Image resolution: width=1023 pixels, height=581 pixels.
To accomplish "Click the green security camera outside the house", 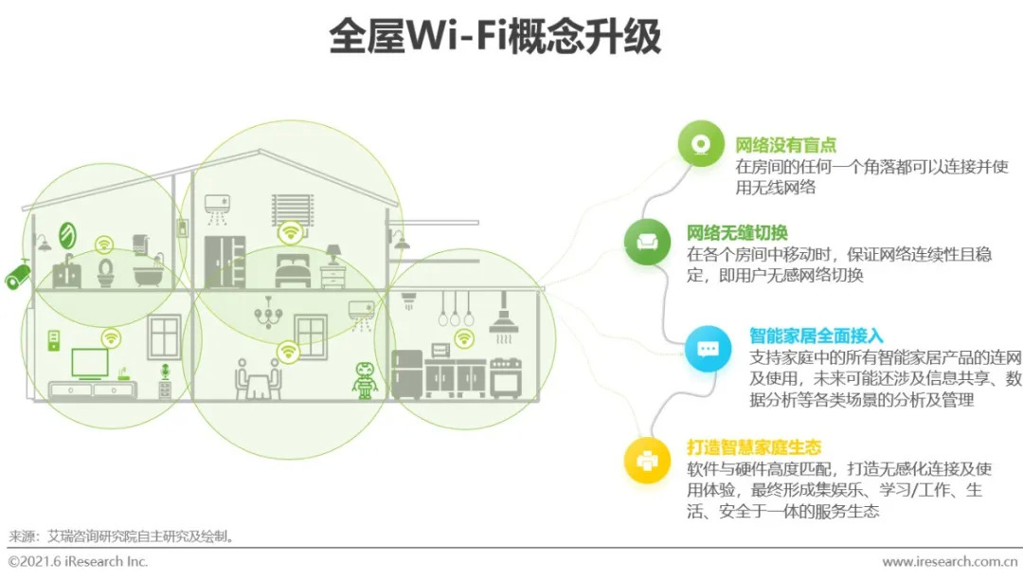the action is (17, 276).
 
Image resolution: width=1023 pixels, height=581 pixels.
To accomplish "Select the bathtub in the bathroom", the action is (147, 275).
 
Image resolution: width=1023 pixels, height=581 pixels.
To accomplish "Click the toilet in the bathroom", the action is (105, 272).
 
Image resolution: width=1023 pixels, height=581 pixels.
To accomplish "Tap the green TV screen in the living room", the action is (90, 363).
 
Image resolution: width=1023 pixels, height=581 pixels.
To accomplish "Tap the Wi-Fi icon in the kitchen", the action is (464, 338).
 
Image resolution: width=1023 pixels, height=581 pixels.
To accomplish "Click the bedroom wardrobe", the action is (224, 261).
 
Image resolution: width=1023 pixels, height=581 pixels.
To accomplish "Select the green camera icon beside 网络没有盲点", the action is (700, 144).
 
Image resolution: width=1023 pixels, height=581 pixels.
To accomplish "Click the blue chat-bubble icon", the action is (708, 348).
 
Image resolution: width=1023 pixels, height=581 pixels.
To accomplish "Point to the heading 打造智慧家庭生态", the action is (753, 447).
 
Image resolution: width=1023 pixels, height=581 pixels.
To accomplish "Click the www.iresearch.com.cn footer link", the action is (951, 562).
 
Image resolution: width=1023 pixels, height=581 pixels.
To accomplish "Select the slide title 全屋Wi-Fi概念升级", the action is (494, 37).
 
